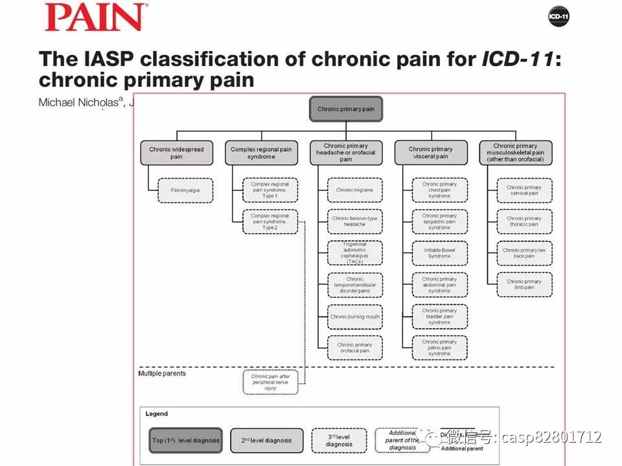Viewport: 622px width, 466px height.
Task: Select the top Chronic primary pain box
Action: [x=346, y=109]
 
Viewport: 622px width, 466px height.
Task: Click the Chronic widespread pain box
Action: [x=176, y=153]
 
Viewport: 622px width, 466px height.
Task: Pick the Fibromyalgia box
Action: [x=185, y=190]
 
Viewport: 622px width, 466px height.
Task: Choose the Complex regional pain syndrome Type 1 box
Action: [x=270, y=190]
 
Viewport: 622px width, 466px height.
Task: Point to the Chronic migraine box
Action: [x=354, y=190]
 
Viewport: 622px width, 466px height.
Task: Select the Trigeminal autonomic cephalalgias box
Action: [x=354, y=253]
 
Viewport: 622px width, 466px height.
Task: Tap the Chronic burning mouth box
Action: [x=354, y=316]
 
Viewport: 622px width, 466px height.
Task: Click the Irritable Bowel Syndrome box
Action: [x=439, y=253]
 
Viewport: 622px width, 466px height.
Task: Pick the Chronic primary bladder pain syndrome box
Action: [x=439, y=316]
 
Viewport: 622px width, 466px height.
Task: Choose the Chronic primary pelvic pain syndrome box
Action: [x=439, y=348]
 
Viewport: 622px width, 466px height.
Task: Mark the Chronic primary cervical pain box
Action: [x=524, y=190]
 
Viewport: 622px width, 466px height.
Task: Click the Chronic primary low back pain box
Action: [x=524, y=253]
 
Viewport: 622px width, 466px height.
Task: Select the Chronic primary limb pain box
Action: [x=524, y=285]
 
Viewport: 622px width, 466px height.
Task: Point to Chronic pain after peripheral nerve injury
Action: [x=270, y=382]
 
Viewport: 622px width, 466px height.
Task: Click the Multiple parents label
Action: [x=162, y=373]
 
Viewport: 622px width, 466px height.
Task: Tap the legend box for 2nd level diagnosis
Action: [x=267, y=441]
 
